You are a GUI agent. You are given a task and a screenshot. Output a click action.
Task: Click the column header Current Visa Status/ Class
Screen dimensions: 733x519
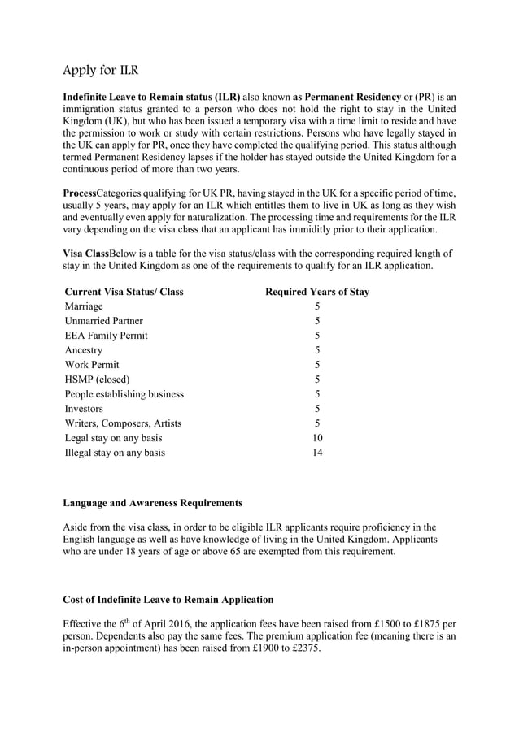coord(124,292)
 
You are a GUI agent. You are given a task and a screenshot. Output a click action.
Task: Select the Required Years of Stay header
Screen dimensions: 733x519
coord(317,292)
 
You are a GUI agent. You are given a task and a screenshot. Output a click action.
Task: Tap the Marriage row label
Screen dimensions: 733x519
coord(84,306)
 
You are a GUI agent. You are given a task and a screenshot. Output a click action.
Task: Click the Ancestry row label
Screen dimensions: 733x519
coord(84,350)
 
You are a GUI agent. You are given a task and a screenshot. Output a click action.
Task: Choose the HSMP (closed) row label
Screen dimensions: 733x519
coord(97,380)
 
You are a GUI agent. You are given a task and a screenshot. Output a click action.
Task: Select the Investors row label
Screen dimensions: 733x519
coord(84,409)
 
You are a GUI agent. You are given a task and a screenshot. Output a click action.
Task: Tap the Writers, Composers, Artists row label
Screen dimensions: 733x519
coord(123,423)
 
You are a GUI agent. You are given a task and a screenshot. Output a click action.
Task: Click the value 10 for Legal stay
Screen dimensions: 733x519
coord(317,438)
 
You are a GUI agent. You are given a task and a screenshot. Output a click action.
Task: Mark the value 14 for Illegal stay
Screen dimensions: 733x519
coord(317,453)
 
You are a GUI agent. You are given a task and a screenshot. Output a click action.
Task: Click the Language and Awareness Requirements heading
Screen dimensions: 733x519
coord(152,503)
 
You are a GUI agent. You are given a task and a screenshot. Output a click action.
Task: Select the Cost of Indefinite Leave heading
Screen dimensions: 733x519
coord(168,600)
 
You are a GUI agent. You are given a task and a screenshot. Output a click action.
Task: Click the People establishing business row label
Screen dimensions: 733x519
coord(124,394)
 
